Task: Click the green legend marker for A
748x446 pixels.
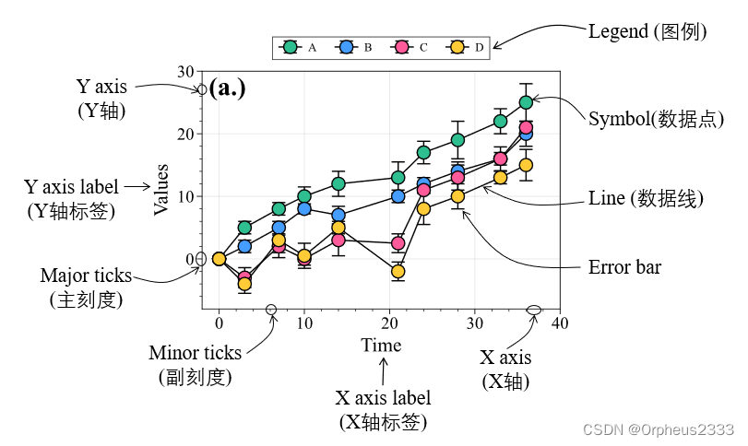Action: click(x=291, y=47)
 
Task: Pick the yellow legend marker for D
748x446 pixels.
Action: click(x=457, y=47)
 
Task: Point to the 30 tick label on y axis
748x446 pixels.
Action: click(x=185, y=72)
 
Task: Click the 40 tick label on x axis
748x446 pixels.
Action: click(x=559, y=323)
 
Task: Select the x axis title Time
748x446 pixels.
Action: click(x=381, y=346)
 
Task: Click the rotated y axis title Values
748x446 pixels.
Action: click(x=161, y=189)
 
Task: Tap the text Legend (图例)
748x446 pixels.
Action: click(x=647, y=32)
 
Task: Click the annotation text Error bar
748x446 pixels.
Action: click(x=624, y=268)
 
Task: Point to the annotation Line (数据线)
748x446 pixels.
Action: click(x=647, y=198)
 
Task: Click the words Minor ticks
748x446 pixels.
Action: click(x=195, y=353)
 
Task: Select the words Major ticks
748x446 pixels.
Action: click(x=86, y=276)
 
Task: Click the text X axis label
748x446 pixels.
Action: click(x=383, y=399)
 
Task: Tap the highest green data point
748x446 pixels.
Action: click(x=526, y=102)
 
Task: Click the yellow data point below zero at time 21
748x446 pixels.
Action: click(x=398, y=271)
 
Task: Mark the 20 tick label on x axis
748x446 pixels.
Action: click(x=389, y=323)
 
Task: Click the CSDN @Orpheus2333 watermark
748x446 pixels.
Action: click(x=659, y=429)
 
